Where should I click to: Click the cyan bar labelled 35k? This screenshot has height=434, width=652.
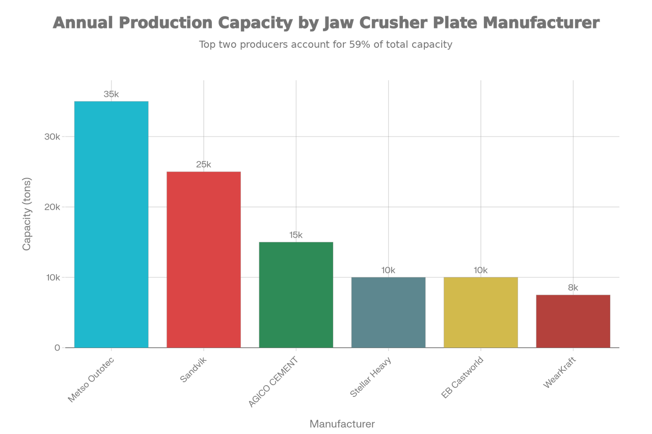pos(111,224)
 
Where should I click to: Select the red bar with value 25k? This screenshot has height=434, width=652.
pos(204,259)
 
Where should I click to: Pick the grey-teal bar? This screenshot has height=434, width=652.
pos(388,312)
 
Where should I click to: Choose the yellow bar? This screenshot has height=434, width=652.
pos(481,312)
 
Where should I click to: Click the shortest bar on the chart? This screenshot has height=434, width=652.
pos(573,321)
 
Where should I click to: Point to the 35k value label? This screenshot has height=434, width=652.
pos(111,95)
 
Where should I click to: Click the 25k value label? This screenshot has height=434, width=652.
pos(204,164)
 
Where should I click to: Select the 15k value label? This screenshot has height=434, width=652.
pos(296,235)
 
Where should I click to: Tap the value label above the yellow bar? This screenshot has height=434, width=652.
pos(481,270)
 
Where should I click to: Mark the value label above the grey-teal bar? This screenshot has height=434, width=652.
pos(388,270)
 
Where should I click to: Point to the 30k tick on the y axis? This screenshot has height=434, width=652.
pos(52,137)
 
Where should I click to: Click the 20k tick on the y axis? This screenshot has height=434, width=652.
pos(52,207)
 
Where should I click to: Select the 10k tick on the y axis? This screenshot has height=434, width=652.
pos(52,278)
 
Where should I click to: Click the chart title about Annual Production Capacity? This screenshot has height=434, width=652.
pos(326,23)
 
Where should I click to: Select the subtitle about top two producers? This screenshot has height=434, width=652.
pos(326,45)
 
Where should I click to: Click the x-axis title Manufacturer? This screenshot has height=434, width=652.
pos(342,423)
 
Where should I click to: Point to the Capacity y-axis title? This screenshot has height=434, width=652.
pos(27,214)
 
